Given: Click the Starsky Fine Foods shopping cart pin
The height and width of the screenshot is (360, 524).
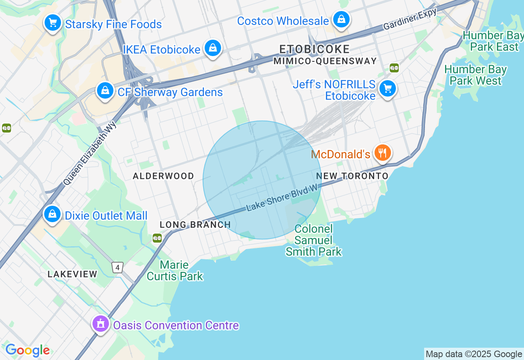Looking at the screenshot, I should click(53, 23).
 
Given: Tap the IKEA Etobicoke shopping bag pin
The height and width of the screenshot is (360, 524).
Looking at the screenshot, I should click(213, 48).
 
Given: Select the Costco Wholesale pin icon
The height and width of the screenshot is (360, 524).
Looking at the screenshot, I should click(341, 19).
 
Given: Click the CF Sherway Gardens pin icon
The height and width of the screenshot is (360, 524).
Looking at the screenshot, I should click(105, 90).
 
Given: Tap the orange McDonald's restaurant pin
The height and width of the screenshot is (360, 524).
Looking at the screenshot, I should click(382, 153).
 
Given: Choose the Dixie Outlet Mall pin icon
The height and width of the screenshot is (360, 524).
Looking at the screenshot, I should click(52, 214).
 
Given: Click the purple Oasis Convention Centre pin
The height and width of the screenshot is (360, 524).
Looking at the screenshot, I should click(101, 324).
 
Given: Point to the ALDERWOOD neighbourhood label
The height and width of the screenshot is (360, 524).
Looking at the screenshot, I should click(163, 176).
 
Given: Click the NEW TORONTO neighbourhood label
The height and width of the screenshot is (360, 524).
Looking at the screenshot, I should click(352, 176).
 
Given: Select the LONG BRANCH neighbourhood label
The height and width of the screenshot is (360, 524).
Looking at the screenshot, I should click(195, 225).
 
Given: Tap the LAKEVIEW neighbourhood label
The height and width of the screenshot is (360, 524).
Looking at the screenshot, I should click(72, 274).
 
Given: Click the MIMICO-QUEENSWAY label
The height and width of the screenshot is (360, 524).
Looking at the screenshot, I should click(325, 61).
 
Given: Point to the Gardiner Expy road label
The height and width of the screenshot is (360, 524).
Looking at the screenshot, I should click(410, 19).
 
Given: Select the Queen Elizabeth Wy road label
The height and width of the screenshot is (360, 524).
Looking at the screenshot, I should click(90, 153).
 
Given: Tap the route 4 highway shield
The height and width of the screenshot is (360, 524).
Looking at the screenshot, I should click(117, 268).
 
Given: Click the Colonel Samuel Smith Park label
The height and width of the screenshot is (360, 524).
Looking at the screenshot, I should click(314, 240).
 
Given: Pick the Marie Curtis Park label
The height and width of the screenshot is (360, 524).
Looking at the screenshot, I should click(175, 270).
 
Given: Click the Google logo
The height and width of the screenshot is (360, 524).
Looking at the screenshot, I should click(27, 350).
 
